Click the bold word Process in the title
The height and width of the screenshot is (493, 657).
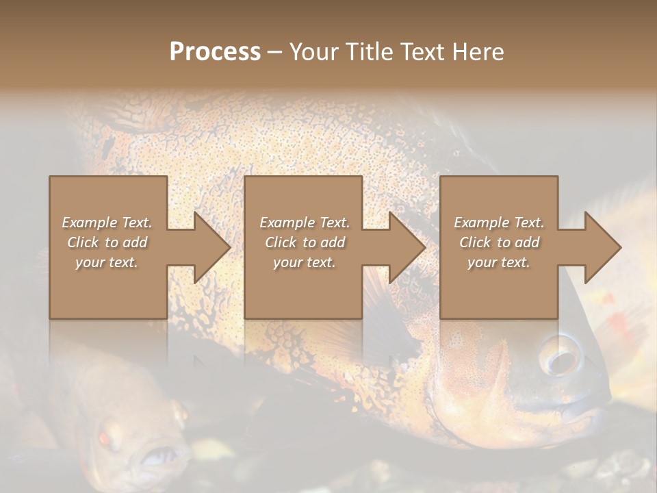[x=215, y=52]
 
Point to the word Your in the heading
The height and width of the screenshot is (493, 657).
[x=315, y=52]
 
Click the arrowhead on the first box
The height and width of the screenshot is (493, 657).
[x=209, y=247]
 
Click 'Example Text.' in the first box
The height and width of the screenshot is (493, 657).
[x=107, y=223]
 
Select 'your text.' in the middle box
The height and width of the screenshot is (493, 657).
[x=304, y=262]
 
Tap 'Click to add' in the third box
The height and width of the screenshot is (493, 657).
[x=499, y=242]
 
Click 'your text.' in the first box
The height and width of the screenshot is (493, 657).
[x=107, y=262]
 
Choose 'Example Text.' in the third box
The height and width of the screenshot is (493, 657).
[x=499, y=223]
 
